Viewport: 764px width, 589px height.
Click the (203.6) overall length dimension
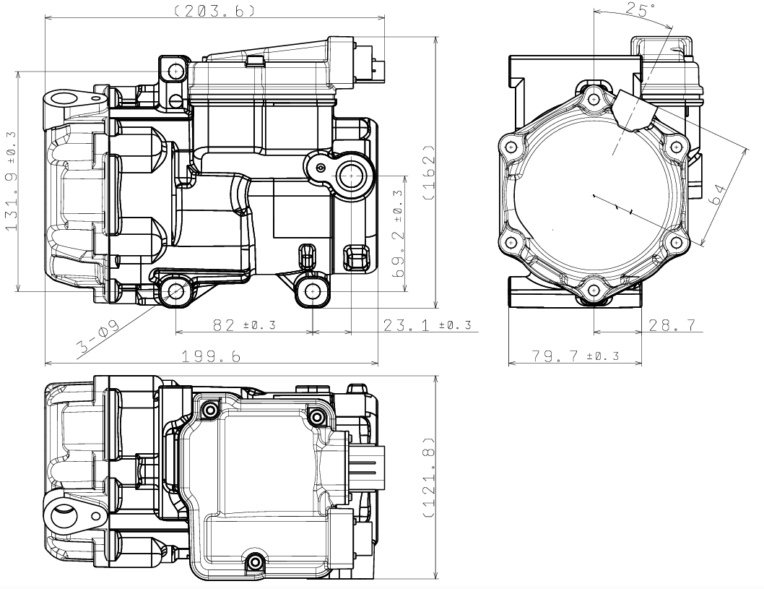coord(214,9)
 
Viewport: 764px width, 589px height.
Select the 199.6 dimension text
coord(212,356)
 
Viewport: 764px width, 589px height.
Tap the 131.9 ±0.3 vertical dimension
coord(11,181)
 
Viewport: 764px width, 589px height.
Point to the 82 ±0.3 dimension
coord(244,324)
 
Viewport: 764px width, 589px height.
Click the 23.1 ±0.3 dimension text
coord(427,324)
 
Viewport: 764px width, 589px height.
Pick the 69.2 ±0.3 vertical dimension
coord(398,233)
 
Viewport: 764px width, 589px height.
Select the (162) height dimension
coord(428,172)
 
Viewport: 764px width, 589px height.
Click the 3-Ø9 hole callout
coord(97,337)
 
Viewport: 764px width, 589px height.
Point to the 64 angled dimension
coord(717,194)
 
